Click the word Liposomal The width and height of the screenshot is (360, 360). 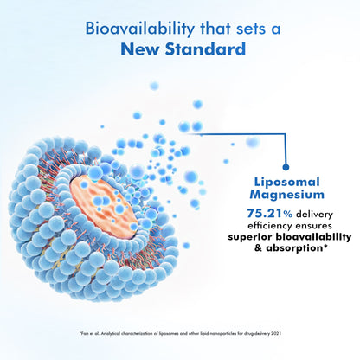pyautogui.click(x=287, y=183)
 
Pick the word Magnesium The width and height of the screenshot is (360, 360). pyautogui.click(x=287, y=195)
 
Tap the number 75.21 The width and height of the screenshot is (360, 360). pyautogui.click(x=264, y=214)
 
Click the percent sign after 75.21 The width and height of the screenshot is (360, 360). pyautogui.click(x=287, y=214)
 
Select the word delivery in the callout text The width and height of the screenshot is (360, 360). pyautogui.click(x=314, y=215)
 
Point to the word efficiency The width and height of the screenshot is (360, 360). pyautogui.click(x=270, y=226)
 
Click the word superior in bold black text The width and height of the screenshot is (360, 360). pyautogui.click(x=250, y=237)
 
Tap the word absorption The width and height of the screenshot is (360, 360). pyautogui.click(x=296, y=248)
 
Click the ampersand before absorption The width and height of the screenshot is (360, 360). pyautogui.click(x=259, y=248)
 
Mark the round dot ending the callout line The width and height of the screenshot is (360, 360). pyautogui.click(x=286, y=167)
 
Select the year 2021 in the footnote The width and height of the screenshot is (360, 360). pyautogui.click(x=276, y=334)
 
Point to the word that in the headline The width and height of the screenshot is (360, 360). pyautogui.click(x=215, y=29)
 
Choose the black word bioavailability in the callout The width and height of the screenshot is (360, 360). pyautogui.click(x=313, y=237)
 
